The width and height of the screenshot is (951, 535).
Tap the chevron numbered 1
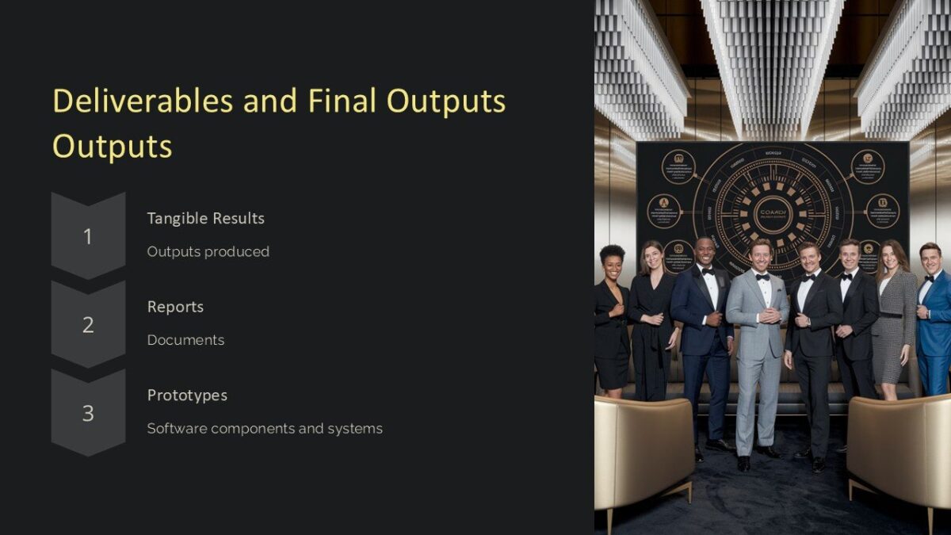(88, 235)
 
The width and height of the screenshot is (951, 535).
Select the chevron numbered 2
(88, 324)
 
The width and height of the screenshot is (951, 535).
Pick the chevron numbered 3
(88, 413)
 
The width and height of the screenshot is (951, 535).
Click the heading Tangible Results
(205, 218)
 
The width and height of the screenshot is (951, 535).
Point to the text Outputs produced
(208, 251)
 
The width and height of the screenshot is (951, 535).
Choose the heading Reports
(175, 307)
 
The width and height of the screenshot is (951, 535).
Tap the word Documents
(185, 340)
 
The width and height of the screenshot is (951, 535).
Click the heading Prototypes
(187, 395)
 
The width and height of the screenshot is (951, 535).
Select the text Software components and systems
(265, 429)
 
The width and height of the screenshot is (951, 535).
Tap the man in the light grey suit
(758, 341)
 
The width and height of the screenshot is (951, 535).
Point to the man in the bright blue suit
(934, 317)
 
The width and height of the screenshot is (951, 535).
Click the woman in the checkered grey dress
(894, 317)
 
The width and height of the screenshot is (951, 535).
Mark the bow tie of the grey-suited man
(762, 277)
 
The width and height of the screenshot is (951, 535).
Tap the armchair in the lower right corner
(899, 452)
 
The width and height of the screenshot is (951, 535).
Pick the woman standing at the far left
(611, 317)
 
